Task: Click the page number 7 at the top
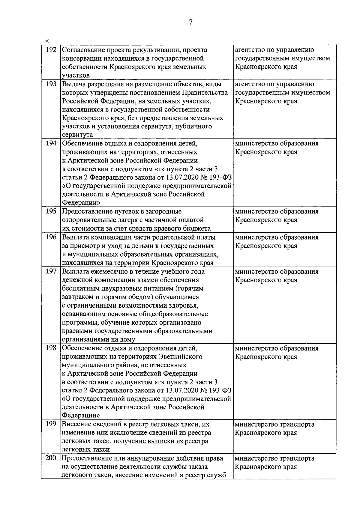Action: (x=190, y=22)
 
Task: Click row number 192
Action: (x=51, y=50)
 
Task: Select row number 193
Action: (x=51, y=84)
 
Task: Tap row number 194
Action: (x=51, y=143)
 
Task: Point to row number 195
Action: (x=51, y=211)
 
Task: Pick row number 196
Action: (x=51, y=237)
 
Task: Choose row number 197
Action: (x=51, y=272)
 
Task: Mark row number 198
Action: (x=51, y=348)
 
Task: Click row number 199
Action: (x=51, y=424)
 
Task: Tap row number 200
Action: (x=51, y=458)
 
